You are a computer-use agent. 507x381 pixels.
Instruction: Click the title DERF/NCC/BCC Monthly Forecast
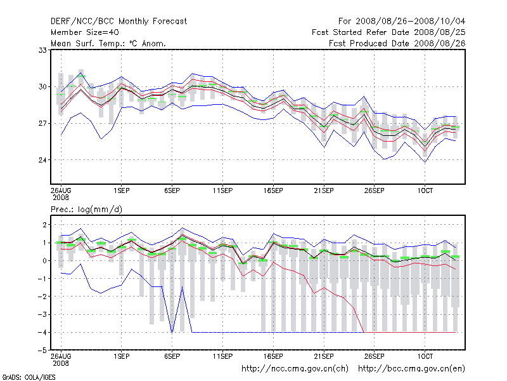coord(119,21)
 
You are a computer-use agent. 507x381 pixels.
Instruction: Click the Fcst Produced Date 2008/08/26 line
coord(397,43)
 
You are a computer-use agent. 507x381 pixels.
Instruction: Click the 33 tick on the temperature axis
coord(44,50)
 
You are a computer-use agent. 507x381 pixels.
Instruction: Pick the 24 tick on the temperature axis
coord(44,159)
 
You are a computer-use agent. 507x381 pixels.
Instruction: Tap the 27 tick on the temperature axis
coord(44,123)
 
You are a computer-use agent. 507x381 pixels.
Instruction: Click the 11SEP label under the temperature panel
coord(222,190)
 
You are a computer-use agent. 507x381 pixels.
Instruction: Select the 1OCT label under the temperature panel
coord(425,190)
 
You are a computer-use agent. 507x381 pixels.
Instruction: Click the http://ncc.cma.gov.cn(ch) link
coord(296,368)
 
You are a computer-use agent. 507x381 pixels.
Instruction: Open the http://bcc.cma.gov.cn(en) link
coord(412,368)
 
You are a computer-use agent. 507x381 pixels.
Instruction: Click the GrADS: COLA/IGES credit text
coord(29,377)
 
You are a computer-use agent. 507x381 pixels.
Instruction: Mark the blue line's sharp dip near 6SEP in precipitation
coord(172,331)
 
